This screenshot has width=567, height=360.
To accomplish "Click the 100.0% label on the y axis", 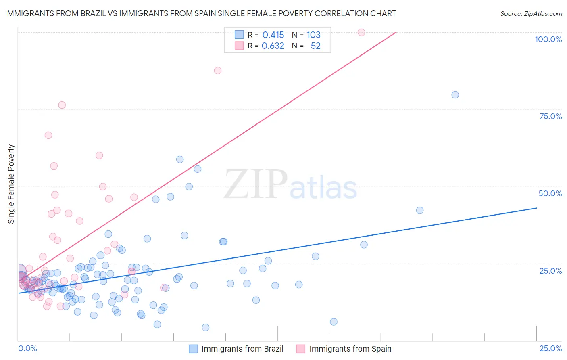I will pos(548,39).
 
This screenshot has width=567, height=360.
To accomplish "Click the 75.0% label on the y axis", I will pos(550,116).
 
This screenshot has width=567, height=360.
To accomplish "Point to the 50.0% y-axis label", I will pos(550,193).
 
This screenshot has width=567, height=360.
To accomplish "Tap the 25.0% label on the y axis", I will pos(550,271).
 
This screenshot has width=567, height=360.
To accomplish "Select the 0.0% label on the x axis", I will pos(27,348).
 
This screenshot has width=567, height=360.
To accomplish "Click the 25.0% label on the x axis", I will pos(550,348).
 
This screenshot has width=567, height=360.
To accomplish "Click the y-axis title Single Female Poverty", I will pos(11,184).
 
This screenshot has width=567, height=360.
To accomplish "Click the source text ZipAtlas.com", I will pos(531,14).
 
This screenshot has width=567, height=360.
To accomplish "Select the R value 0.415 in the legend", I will pos(273,35).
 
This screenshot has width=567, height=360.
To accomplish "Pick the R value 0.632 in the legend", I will pos(273,46).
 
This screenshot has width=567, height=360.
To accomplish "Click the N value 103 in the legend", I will pos(313,35).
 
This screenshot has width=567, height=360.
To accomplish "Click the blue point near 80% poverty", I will pos(455,95).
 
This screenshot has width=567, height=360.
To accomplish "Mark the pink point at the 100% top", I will pos(361,32).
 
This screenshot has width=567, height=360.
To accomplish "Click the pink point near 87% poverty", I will pos(218,71).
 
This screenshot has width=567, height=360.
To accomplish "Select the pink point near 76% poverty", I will pos(62,105).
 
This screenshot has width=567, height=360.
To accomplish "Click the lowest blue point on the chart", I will pos(206,327).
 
